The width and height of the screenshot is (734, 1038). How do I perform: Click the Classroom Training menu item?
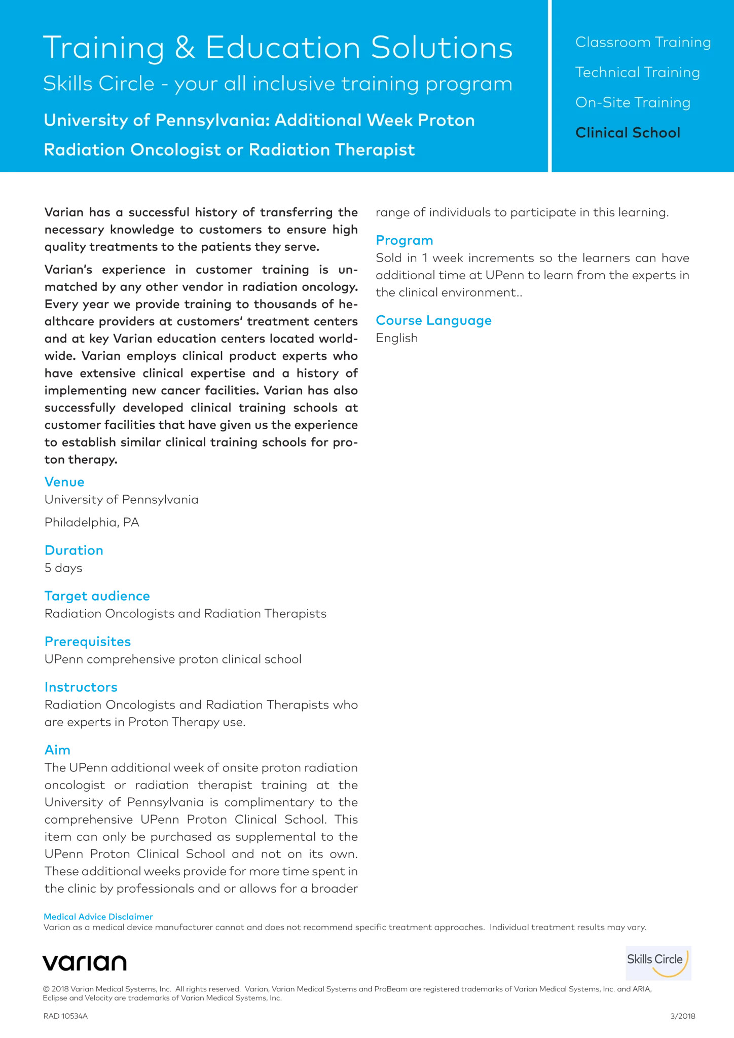tap(643, 42)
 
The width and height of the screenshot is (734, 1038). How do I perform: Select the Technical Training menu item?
tap(637, 72)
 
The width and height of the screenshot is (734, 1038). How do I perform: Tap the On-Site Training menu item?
tap(633, 102)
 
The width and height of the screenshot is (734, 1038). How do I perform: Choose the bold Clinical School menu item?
tap(628, 133)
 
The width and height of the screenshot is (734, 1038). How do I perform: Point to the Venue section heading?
tap(64, 481)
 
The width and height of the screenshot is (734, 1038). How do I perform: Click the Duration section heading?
tap(74, 550)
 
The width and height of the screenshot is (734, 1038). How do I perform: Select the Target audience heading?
tap(97, 596)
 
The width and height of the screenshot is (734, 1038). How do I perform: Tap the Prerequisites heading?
tap(88, 641)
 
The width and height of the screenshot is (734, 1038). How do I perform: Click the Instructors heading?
tap(81, 687)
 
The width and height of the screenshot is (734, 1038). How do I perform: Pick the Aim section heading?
tap(57, 750)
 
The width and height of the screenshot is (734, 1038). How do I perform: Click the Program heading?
tap(405, 240)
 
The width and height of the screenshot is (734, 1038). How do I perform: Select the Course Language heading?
tap(434, 320)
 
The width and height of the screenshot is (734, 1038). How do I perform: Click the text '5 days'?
tap(63, 568)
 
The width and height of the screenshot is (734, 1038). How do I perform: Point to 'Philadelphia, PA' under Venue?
tap(92, 522)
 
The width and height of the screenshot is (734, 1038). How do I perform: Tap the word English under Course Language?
tap(397, 338)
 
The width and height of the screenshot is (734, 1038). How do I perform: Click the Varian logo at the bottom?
tap(85, 962)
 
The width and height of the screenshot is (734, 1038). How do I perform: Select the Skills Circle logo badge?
tap(658, 962)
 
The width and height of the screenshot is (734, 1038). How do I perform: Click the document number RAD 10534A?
tap(65, 1016)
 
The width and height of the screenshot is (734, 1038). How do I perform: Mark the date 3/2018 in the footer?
tap(682, 1016)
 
